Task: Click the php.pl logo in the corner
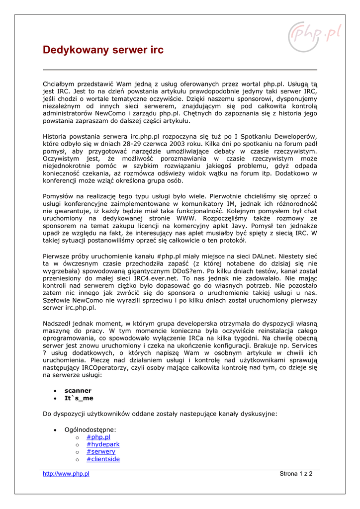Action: click(x=315, y=36)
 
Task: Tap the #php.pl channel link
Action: click(x=98, y=437)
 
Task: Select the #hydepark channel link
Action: click(x=103, y=444)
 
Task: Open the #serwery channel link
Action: click(x=101, y=452)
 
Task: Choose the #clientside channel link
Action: click(x=103, y=459)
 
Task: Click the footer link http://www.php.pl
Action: click(x=66, y=474)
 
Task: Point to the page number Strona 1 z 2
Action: click(x=296, y=474)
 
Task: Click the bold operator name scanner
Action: click(x=78, y=391)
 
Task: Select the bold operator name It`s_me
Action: click(x=79, y=398)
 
